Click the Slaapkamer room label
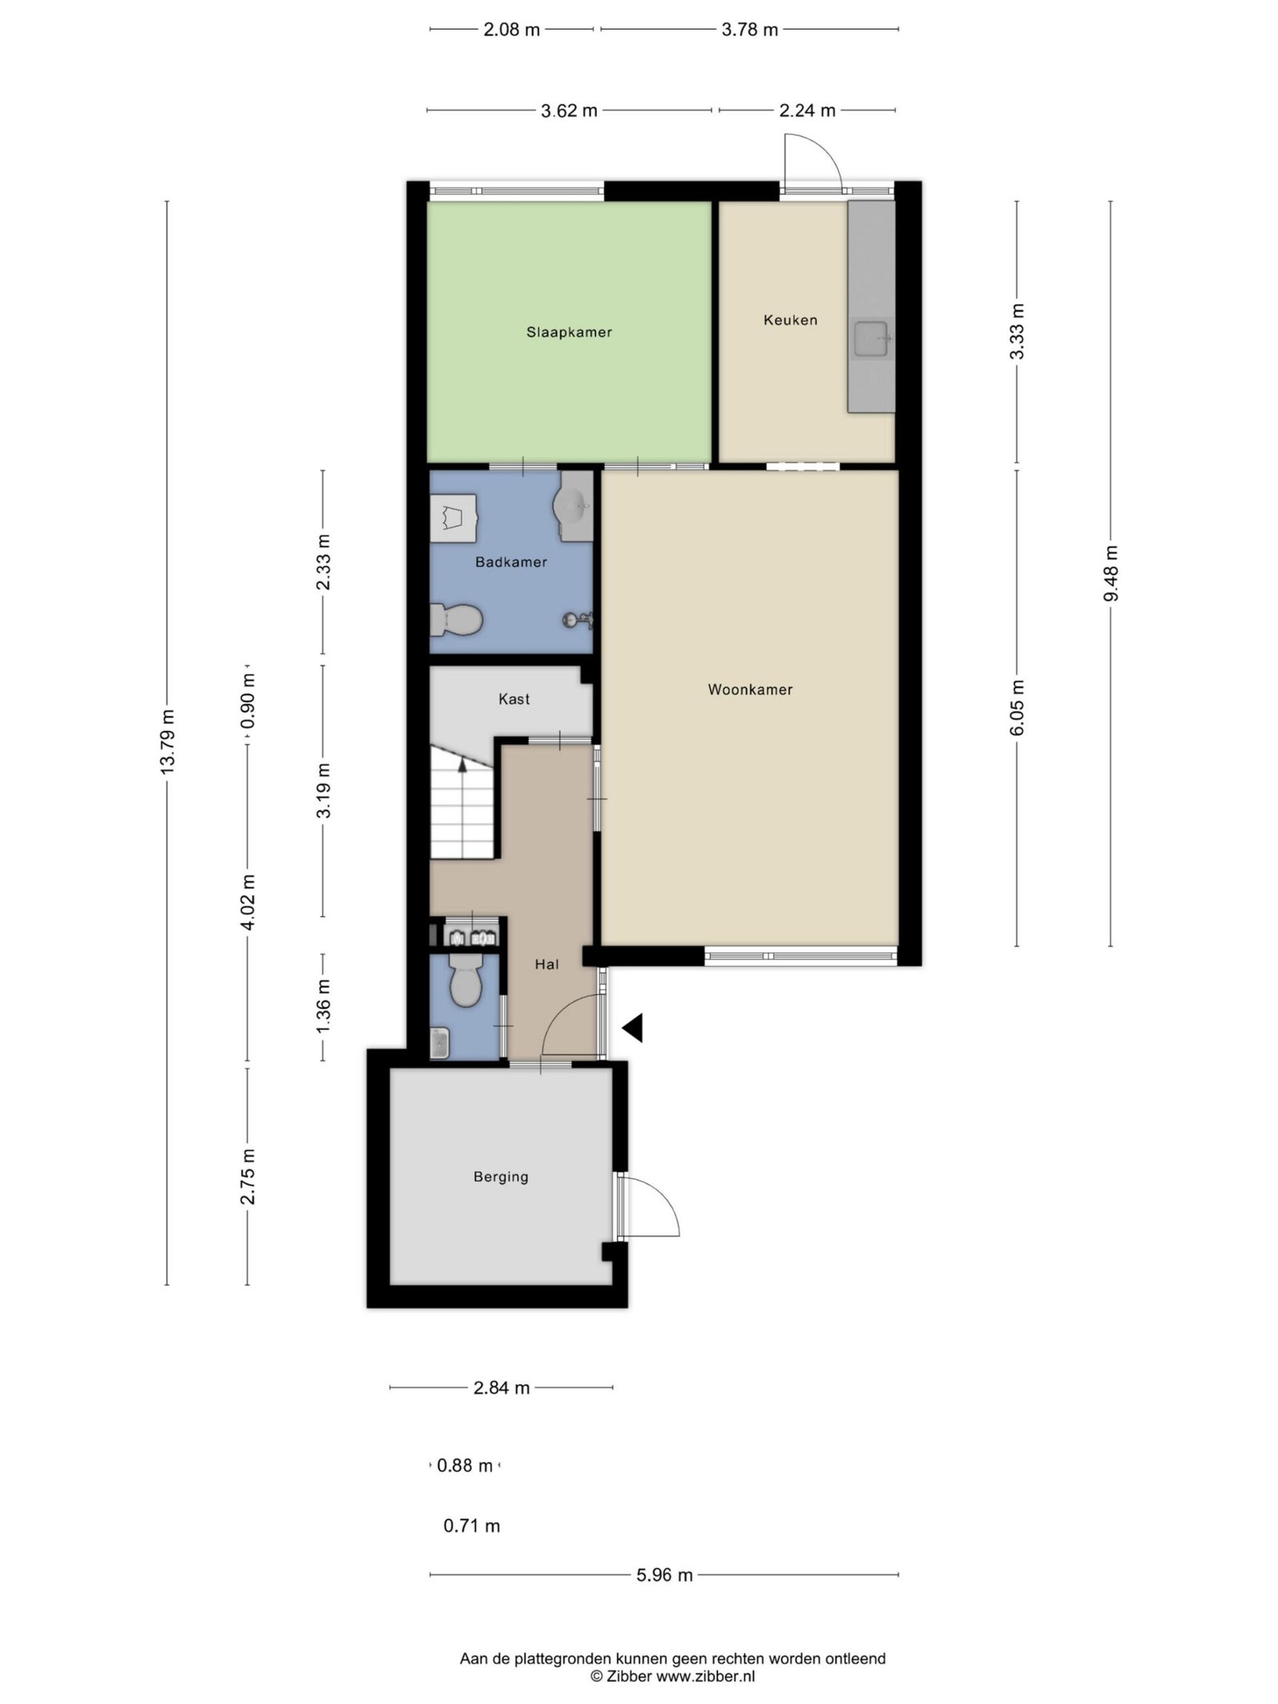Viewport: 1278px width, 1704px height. [x=569, y=332]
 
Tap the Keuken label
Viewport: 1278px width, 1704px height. [x=790, y=320]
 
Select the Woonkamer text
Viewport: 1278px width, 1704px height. [x=750, y=689]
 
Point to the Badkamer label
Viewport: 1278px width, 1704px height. [x=511, y=562]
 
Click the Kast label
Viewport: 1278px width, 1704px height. [x=514, y=699]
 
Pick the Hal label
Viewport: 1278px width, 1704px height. [x=546, y=964]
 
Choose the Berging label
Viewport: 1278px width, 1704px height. [x=501, y=1177]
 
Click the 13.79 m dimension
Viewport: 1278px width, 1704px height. [x=167, y=742]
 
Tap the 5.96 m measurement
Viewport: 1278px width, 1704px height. [x=665, y=1575]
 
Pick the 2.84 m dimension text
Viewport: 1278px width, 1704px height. [x=502, y=1388]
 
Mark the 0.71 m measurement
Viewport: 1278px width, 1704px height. [x=472, y=1526]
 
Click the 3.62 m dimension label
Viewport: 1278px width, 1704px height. [x=569, y=111]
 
